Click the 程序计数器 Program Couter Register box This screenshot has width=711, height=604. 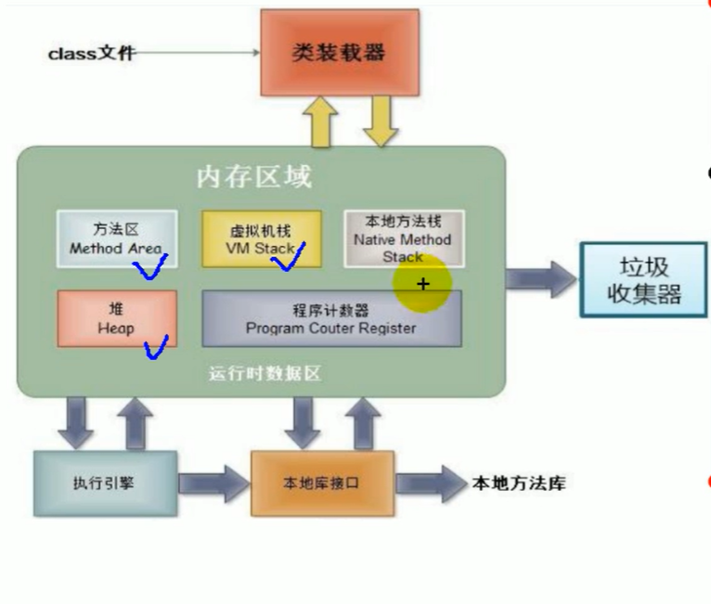coord(331,318)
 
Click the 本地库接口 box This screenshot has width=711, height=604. coord(321,483)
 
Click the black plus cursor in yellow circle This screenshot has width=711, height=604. coord(424,284)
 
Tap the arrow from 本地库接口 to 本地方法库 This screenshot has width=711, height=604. coord(431,483)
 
